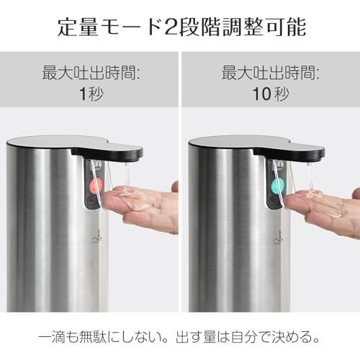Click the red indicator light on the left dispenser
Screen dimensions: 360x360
(93, 187)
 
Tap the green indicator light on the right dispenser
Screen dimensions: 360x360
(274, 186)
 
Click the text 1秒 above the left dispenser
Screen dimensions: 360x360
(90, 94)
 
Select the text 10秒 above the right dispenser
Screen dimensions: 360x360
(269, 94)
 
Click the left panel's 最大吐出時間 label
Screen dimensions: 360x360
(90, 73)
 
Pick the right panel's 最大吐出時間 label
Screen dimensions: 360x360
(269, 73)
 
